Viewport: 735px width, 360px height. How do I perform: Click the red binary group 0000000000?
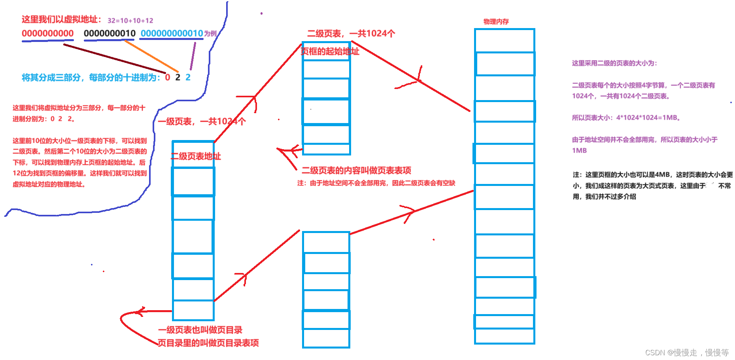(47, 34)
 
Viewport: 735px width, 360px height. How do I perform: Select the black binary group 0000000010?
(110, 34)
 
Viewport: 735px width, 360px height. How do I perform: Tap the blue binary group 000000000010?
(172, 34)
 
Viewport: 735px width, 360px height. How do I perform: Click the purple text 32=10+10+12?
(130, 21)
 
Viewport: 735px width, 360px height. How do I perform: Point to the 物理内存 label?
(496, 21)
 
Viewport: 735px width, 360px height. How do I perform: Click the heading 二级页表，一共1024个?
(351, 34)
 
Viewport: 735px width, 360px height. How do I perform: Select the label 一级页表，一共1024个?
(202, 121)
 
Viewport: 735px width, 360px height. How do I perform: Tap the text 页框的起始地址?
(330, 51)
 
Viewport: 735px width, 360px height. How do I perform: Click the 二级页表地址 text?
(196, 156)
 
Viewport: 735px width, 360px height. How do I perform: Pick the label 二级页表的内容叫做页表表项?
(356, 171)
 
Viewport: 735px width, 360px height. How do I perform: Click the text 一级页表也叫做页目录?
(200, 330)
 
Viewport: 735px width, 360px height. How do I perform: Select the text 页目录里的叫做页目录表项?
(208, 343)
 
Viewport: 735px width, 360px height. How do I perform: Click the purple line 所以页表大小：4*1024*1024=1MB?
(626, 117)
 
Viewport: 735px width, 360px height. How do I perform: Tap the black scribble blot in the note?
(712, 186)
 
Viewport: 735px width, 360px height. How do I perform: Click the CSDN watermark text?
(687, 352)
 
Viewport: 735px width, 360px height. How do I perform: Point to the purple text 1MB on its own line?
(579, 150)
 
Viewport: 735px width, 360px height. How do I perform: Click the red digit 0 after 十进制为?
(168, 78)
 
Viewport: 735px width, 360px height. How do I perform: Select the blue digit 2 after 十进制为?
(188, 78)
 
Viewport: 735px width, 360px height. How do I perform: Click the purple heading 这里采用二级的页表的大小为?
(614, 63)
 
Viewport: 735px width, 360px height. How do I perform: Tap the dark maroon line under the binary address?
(115, 59)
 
